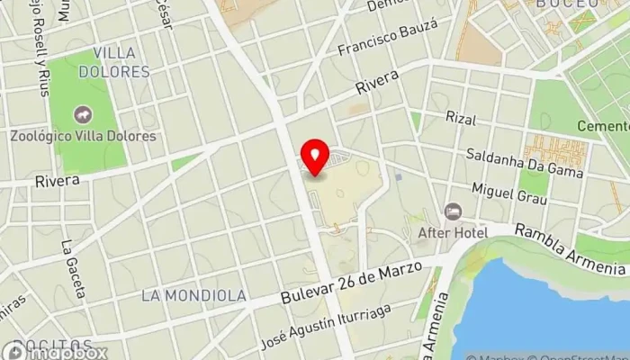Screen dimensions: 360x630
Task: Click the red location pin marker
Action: tap(315, 158)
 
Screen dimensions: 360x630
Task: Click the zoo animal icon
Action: tap(84, 114)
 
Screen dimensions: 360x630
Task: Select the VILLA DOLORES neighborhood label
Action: tap(114, 60)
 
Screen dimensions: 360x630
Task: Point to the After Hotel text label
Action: tap(453, 232)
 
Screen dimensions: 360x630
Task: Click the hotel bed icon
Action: tap(453, 212)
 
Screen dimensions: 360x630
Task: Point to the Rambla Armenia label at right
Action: tap(571, 249)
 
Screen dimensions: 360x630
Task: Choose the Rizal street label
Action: tap(460, 117)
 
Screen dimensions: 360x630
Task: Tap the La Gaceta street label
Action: tap(73, 268)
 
